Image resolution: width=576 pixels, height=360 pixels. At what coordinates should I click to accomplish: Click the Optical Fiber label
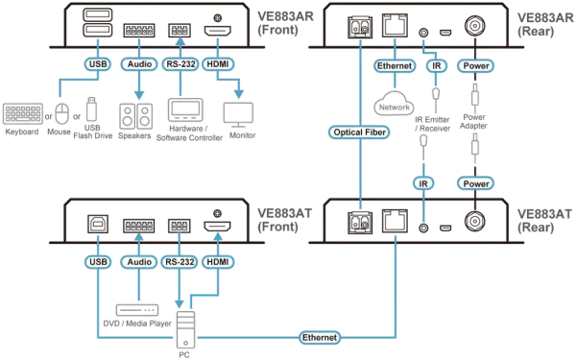point(359,132)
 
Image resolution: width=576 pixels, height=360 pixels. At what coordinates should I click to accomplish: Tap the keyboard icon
point(23,114)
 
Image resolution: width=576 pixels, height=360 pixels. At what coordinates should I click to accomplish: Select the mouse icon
point(62,114)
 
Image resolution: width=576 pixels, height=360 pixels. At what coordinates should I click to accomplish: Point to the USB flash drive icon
point(91,109)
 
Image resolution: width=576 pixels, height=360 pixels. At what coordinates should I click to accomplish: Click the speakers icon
point(135,116)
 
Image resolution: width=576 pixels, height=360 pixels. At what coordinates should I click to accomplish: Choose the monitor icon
point(238,115)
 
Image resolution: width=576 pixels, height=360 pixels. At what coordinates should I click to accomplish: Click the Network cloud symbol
point(395,104)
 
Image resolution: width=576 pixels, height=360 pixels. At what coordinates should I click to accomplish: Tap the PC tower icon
point(186,329)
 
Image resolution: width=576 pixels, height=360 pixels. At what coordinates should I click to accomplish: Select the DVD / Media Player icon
point(137,310)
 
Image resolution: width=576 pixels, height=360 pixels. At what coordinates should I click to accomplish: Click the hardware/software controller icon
point(185,109)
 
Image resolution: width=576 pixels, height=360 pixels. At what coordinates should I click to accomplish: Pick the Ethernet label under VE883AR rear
point(395,65)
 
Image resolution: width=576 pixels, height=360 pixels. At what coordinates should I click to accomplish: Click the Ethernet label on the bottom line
point(320,338)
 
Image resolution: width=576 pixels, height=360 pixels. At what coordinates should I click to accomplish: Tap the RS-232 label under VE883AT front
point(180,262)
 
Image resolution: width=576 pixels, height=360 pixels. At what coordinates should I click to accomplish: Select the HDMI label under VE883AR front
point(218,64)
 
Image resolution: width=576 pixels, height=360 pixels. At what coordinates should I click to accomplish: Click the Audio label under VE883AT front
point(139,262)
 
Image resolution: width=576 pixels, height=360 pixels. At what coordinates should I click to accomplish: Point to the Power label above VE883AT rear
point(476,183)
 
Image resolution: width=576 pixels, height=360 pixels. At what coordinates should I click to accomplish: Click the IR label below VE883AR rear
point(436,65)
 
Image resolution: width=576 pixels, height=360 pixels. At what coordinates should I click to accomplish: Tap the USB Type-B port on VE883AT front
point(98,224)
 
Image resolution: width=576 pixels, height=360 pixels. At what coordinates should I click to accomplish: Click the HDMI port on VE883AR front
point(218,31)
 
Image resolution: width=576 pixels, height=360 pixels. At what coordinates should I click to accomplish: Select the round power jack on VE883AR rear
point(475,27)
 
